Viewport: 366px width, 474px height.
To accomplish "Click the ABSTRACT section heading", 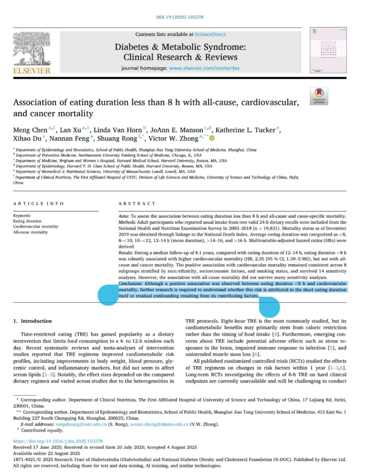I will click(137, 203).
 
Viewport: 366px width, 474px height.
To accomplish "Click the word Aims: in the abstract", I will click(125, 215).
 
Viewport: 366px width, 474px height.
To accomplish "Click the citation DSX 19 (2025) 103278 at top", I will click(183, 18).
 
